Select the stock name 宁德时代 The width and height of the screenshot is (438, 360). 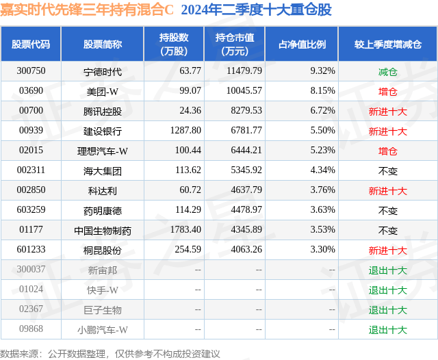[102, 70]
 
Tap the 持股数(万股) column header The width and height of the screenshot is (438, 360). [173, 44]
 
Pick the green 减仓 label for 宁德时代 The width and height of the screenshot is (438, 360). [387, 70]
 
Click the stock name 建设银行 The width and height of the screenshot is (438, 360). [102, 131]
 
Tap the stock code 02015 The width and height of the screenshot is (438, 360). [31, 151]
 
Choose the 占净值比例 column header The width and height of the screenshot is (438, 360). [302, 44]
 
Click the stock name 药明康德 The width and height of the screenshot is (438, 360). [102, 211]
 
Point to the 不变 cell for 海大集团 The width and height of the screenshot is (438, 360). [387, 170]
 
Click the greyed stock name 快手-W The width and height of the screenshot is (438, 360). [103, 290]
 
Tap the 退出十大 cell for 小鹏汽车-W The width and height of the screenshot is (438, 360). [387, 330]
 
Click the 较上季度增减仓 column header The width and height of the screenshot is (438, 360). [387, 44]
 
